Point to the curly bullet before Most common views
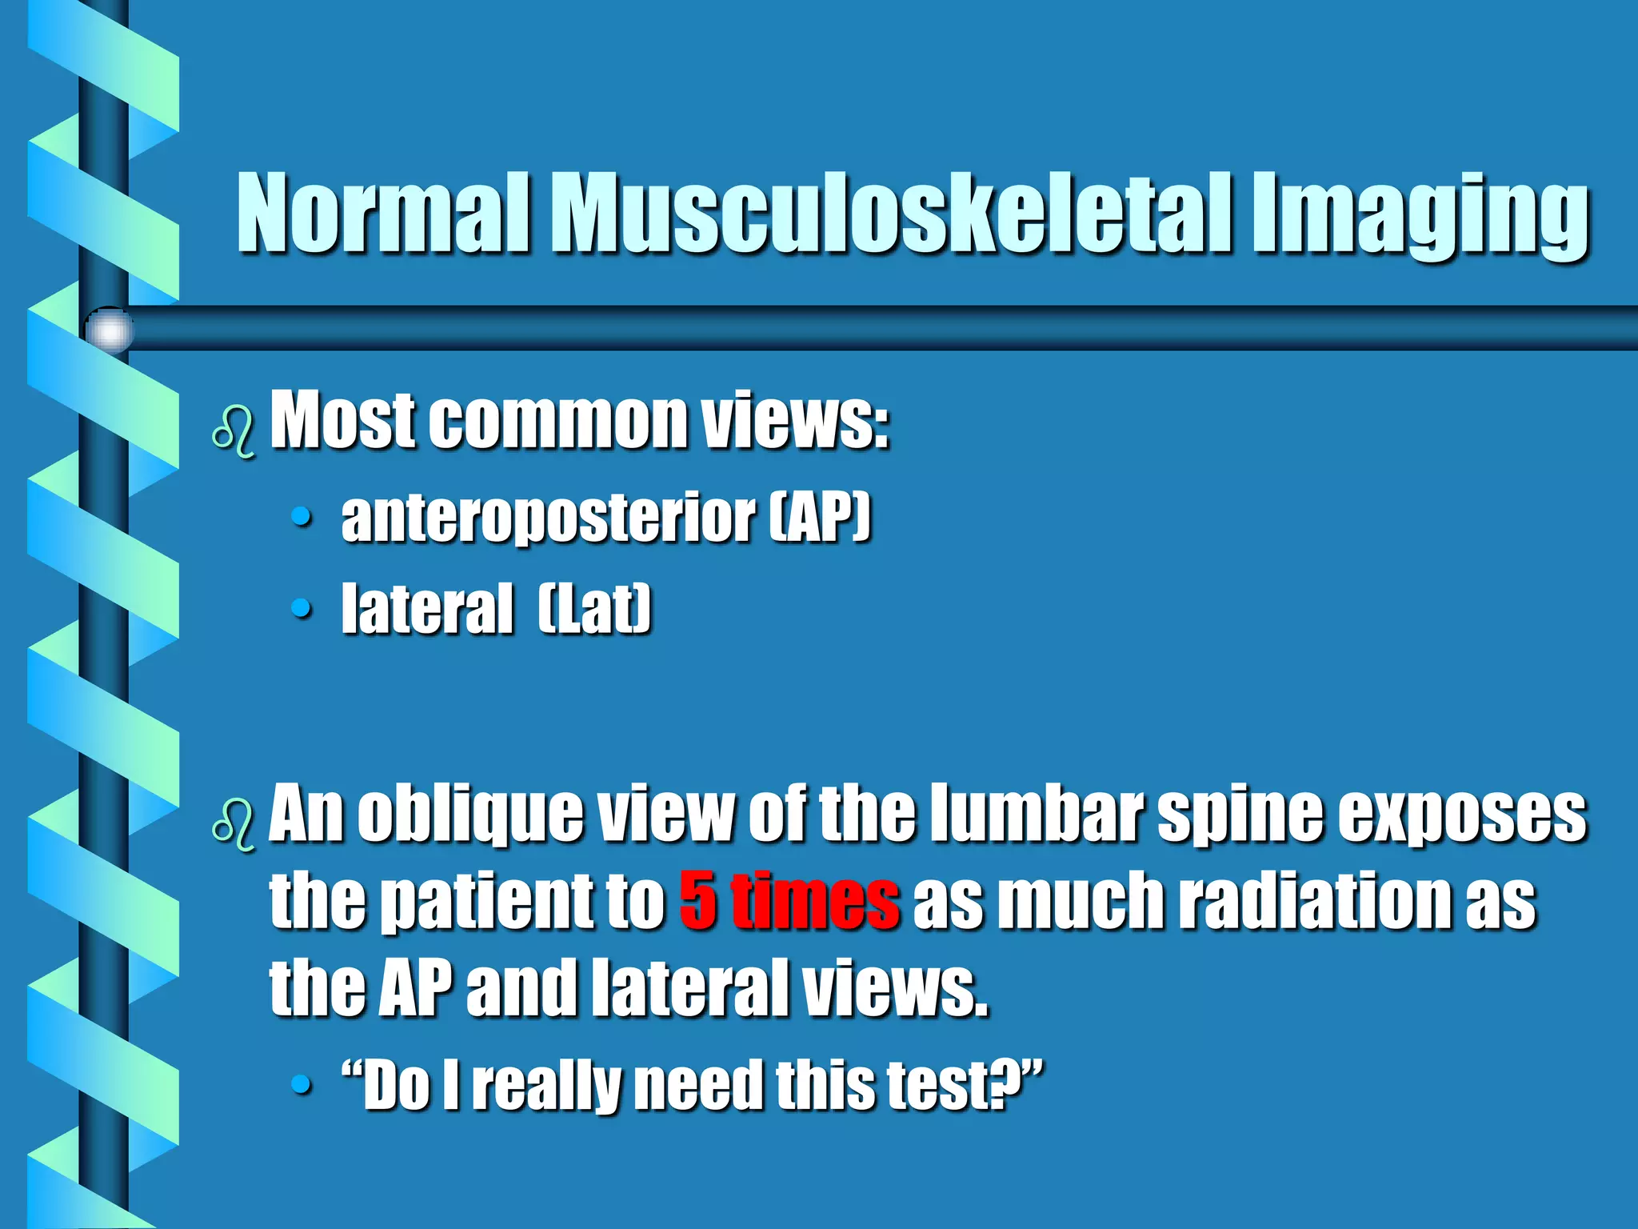(x=234, y=432)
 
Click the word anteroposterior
(x=548, y=518)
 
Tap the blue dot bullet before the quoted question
(x=301, y=1085)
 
